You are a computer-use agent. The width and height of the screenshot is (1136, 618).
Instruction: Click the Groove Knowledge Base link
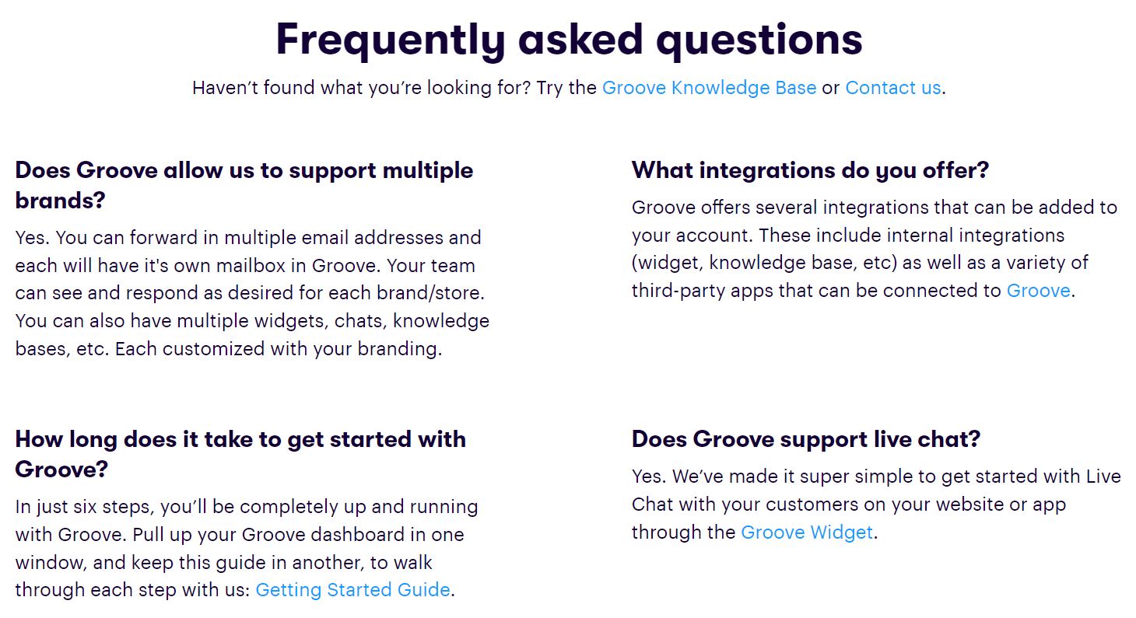tap(709, 88)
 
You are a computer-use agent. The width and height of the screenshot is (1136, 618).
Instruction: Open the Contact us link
tap(892, 88)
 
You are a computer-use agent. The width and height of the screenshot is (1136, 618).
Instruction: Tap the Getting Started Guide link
tap(352, 590)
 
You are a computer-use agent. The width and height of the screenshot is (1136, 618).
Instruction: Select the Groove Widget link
tap(807, 532)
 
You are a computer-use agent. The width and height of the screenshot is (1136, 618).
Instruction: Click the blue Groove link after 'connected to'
tap(1038, 291)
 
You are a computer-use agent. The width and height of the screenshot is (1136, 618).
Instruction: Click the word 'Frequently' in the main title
tap(391, 40)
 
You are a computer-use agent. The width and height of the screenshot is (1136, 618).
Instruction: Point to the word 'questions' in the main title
tap(759, 40)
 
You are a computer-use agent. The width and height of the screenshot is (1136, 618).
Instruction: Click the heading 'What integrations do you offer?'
tap(810, 170)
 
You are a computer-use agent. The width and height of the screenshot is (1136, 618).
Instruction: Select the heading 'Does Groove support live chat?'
tap(806, 439)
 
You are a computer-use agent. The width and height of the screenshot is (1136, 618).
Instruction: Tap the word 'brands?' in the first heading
tap(61, 201)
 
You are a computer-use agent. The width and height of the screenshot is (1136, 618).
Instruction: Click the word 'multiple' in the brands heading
tap(427, 170)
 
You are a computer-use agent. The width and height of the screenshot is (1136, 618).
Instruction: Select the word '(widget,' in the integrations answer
tap(668, 264)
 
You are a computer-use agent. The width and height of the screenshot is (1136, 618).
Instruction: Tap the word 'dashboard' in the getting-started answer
tap(358, 535)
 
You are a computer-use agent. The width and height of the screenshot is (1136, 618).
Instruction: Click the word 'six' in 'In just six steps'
tap(85, 507)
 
